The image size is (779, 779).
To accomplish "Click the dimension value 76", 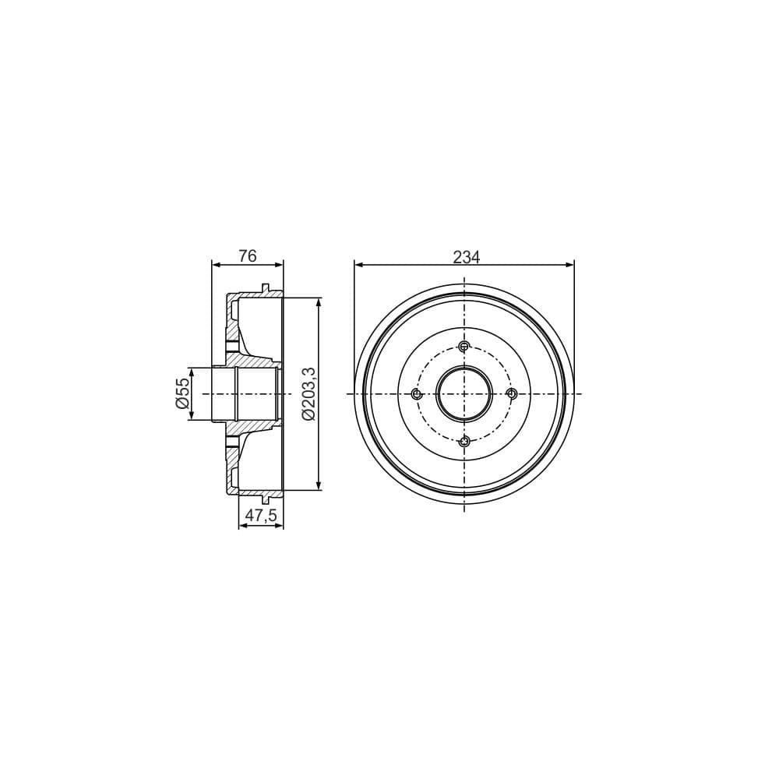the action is point(247,256).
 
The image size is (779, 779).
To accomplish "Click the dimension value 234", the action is point(467,256).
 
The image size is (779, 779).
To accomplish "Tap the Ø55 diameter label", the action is point(182,393).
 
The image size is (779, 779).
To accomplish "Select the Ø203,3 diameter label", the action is point(308,393).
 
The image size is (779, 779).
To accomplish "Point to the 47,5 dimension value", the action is point(261,515).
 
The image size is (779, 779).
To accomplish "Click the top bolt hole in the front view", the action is point(464,347).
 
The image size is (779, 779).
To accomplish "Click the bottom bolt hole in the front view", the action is point(464,441).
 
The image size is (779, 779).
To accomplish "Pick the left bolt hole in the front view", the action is point(417,394).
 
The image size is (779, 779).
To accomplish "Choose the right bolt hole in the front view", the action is point(512,393).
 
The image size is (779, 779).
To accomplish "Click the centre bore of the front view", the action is point(464,393).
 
